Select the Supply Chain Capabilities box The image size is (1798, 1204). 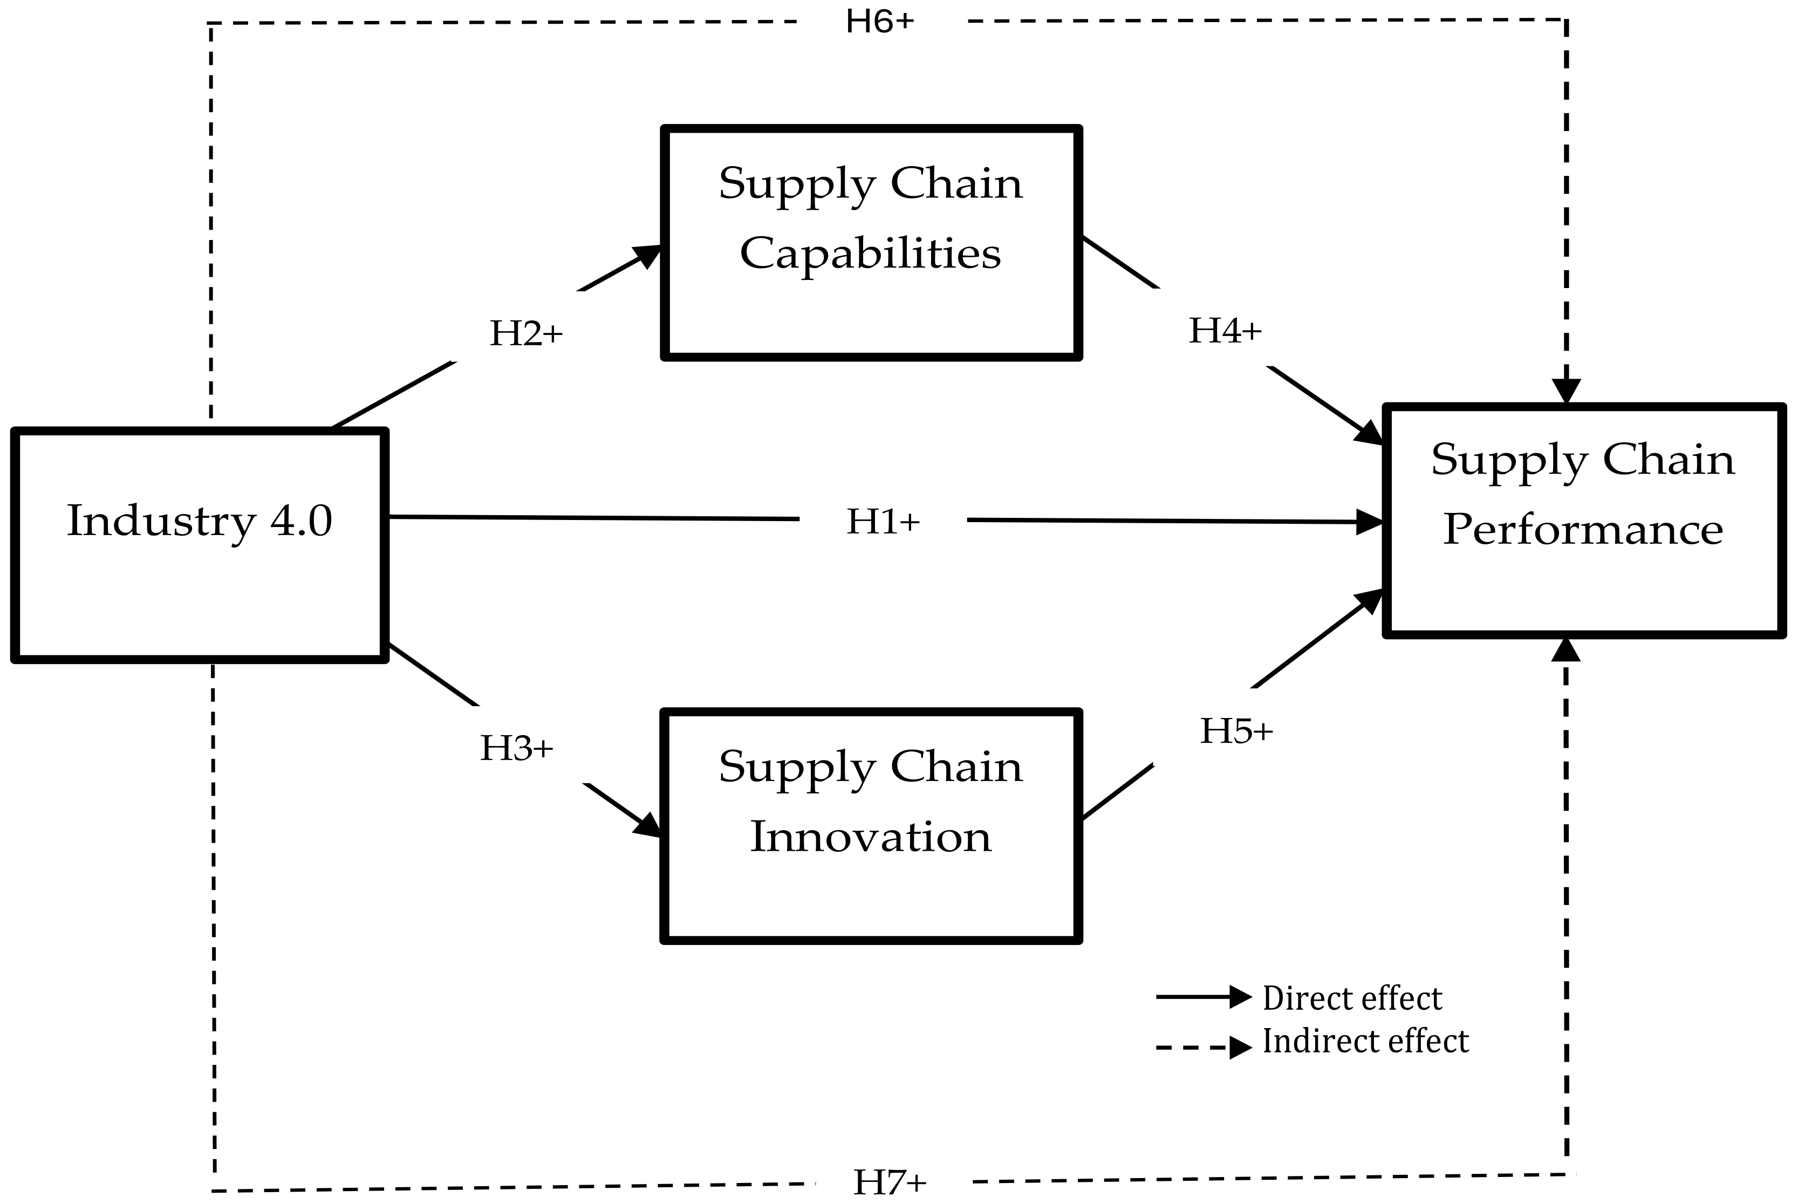point(871,243)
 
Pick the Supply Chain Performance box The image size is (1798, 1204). point(1583,521)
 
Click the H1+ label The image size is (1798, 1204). point(883,522)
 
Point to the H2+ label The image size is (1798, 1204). point(527,333)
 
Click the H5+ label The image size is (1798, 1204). point(1236,731)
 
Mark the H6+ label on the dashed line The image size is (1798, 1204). point(880,22)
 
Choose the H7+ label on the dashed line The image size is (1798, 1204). point(890,1182)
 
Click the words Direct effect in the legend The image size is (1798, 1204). point(1352,998)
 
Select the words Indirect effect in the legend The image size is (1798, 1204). point(1365,1041)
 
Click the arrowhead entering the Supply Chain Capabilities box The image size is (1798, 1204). point(647,256)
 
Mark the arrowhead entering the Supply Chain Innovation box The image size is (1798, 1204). point(647,825)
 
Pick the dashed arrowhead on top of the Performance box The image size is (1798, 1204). point(1566,391)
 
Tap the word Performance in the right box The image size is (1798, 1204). point(1583,530)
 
